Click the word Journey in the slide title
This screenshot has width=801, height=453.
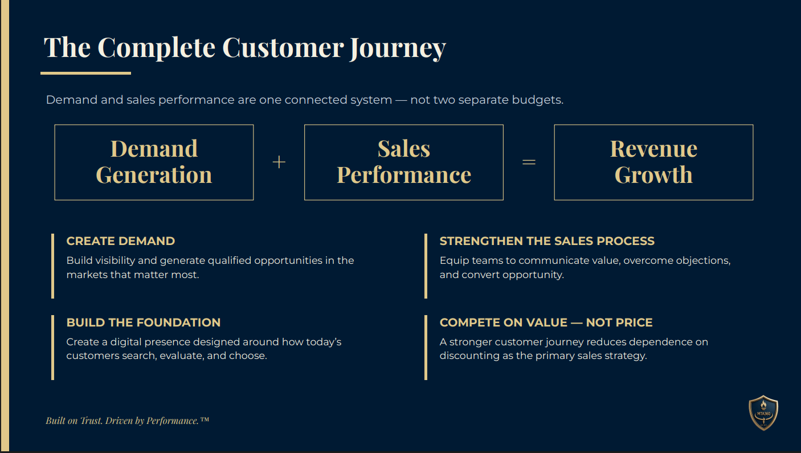click(398, 48)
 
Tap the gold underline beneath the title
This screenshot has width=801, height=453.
click(86, 74)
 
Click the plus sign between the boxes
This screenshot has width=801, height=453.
click(279, 162)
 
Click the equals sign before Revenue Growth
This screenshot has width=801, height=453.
click(529, 162)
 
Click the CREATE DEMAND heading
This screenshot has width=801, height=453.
click(121, 241)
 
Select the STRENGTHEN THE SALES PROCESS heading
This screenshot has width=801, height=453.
click(547, 241)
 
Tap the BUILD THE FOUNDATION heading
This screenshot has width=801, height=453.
click(144, 323)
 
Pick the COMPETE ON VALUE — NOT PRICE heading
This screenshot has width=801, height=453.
click(546, 323)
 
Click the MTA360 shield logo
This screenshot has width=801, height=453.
click(763, 413)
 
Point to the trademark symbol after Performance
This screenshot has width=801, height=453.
click(205, 419)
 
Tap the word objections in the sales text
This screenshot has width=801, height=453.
click(703, 260)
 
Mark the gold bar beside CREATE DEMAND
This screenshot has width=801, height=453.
click(52, 266)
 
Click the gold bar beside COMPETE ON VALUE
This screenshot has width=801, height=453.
click(426, 348)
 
